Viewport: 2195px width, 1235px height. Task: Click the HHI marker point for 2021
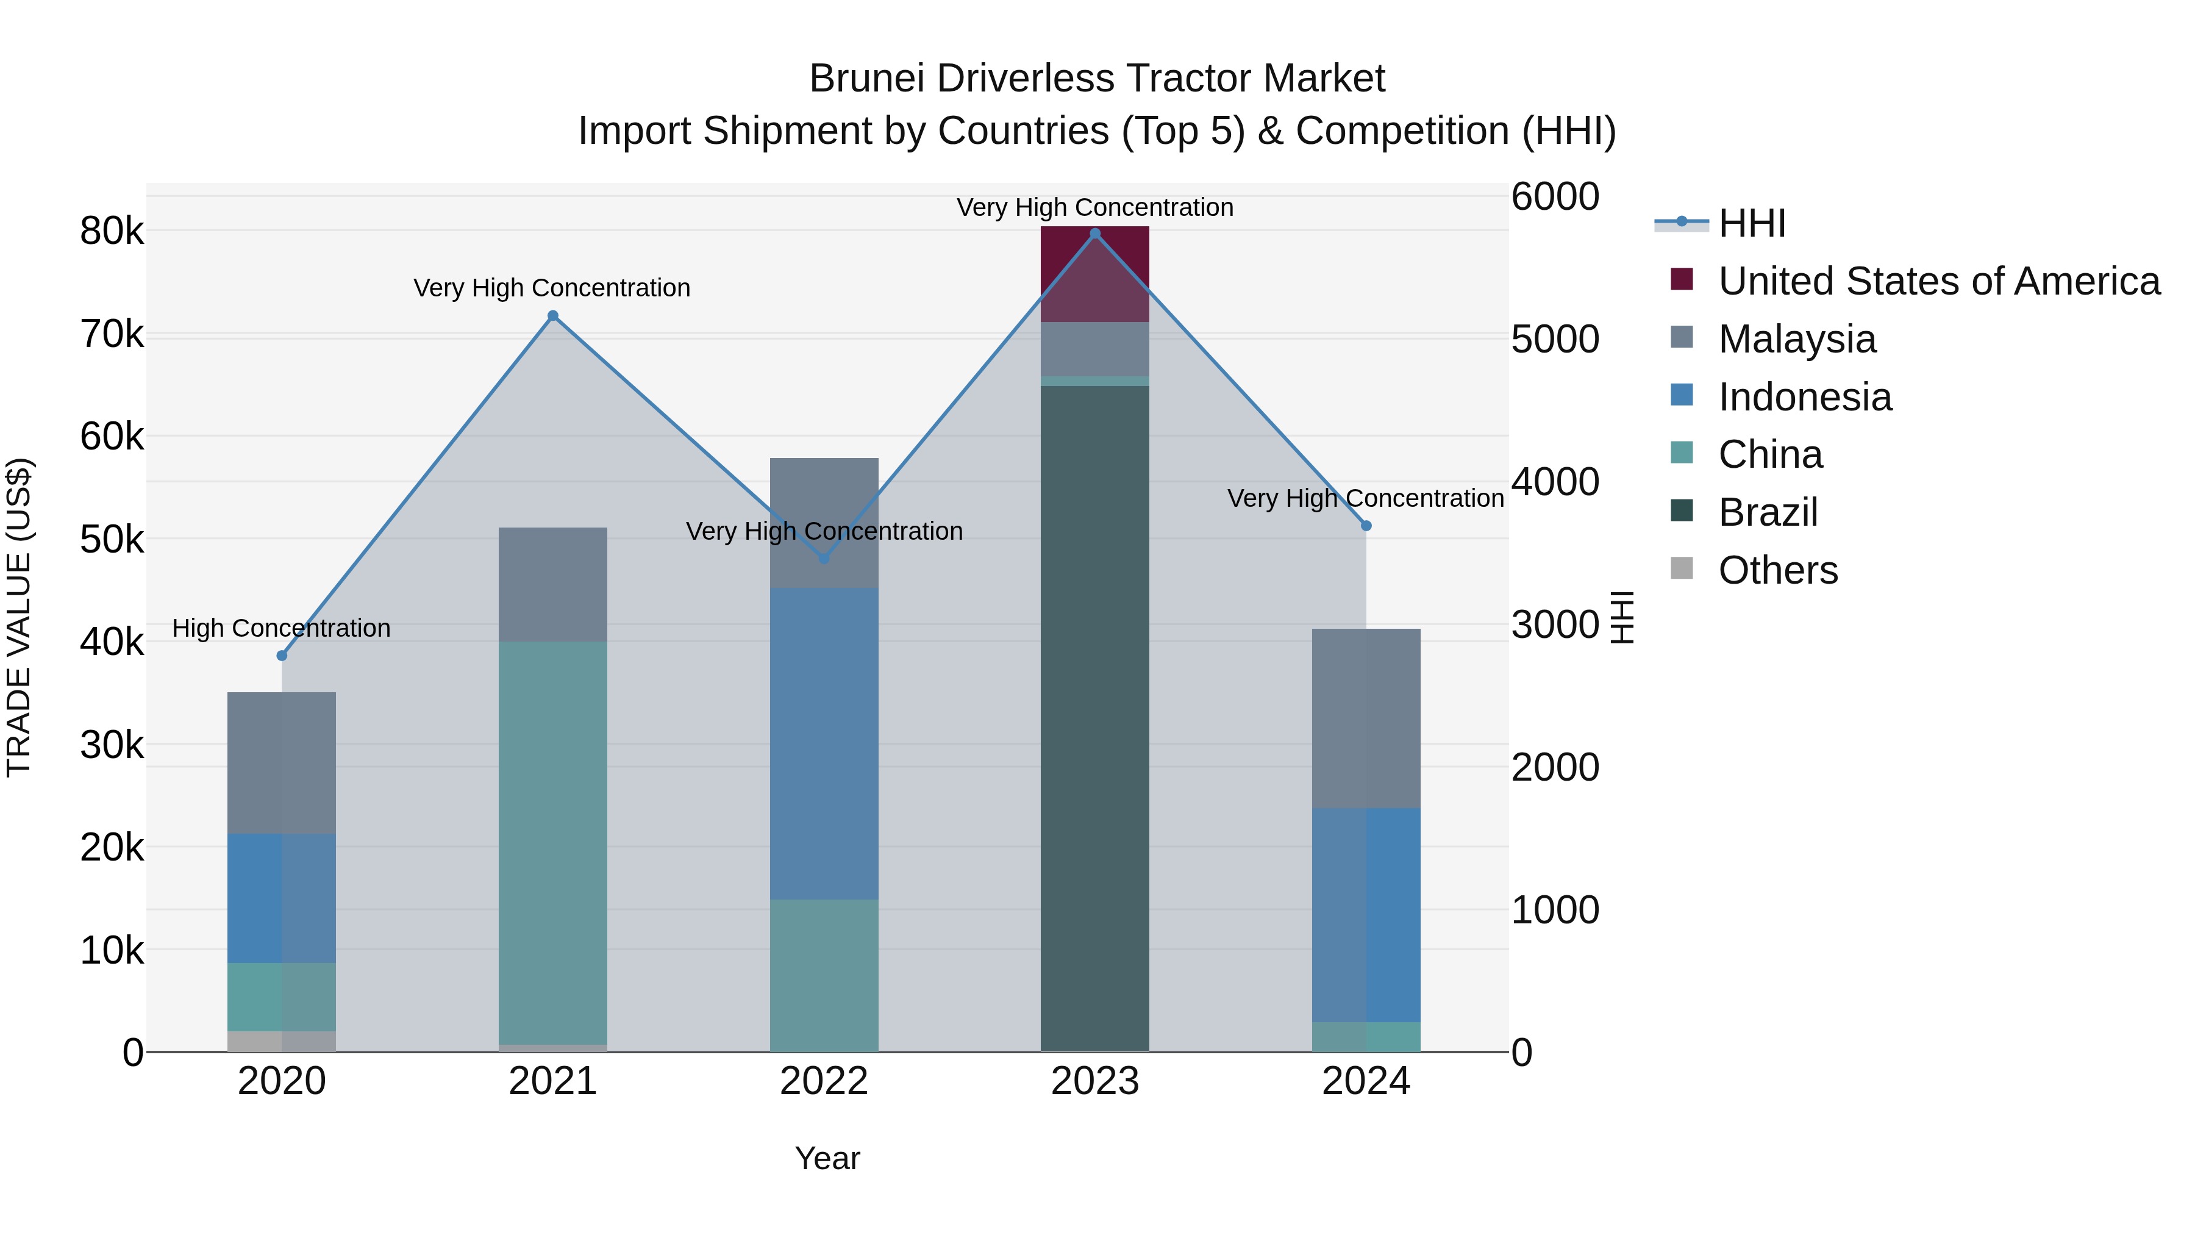point(553,316)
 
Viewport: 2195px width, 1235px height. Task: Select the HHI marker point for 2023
point(1096,234)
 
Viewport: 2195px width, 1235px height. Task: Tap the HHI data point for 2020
point(282,656)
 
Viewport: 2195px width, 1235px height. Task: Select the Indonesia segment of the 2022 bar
point(824,743)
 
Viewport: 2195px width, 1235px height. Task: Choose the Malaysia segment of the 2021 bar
point(553,585)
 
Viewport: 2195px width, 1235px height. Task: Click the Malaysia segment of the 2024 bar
point(1366,718)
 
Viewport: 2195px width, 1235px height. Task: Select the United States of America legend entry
point(1938,281)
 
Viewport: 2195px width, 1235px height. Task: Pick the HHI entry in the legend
point(1751,223)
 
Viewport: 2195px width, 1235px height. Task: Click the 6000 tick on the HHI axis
point(1555,197)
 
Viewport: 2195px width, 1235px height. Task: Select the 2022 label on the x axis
point(824,1081)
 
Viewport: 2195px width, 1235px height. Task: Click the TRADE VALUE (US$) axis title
point(19,617)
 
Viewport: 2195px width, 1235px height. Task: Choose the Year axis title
point(827,1158)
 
